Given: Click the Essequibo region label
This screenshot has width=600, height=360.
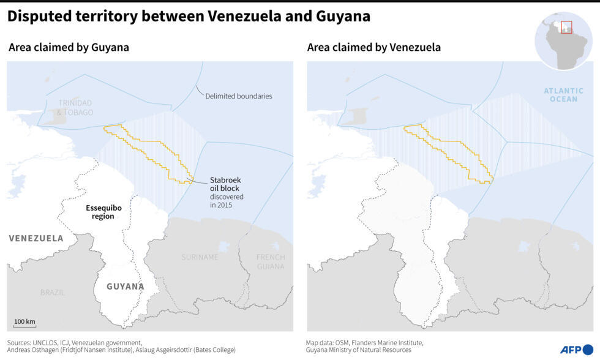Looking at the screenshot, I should (x=103, y=212).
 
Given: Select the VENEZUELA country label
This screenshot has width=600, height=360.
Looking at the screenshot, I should (x=36, y=238).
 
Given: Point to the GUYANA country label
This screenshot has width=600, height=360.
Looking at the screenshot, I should (x=125, y=286).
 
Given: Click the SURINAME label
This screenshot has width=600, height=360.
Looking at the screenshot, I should (x=200, y=257).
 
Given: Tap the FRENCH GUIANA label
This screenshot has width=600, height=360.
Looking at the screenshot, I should (x=270, y=261).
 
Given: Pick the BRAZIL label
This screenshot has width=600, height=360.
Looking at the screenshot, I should (x=53, y=293).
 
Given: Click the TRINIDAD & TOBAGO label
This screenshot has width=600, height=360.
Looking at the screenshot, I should (x=76, y=108).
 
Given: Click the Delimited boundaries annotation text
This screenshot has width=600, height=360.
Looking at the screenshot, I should (x=239, y=96).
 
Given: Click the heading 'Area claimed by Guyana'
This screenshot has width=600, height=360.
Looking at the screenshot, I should (x=69, y=47).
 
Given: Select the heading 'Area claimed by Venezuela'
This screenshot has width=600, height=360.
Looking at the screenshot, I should (x=374, y=47).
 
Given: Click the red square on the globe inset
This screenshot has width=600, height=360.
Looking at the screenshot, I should (x=566, y=28).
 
